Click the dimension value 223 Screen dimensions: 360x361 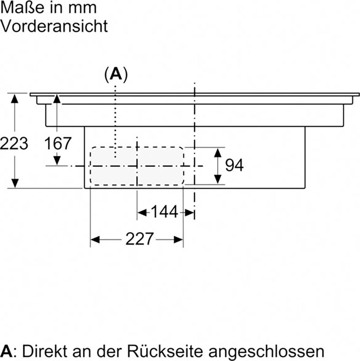click(14, 143)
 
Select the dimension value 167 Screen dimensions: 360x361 click(57, 143)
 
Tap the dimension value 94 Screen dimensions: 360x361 click(234, 165)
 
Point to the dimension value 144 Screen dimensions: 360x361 click(164, 212)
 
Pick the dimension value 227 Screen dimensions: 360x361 click(139, 239)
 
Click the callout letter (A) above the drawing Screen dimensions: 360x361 click(116, 74)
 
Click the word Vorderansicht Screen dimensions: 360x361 click(54, 26)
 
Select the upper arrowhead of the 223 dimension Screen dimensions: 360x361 click(15, 99)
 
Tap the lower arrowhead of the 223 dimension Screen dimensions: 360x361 click(15, 183)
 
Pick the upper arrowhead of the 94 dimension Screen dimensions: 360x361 click(218, 153)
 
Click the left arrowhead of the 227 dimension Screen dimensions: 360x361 click(95, 239)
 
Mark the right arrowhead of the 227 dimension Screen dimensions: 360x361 click(179, 239)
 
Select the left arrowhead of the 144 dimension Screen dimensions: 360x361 click(142, 213)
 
